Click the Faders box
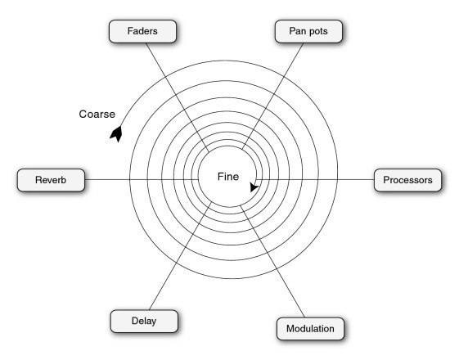[142, 31]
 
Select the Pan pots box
[308, 31]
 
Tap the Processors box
[407, 180]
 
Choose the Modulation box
[310, 329]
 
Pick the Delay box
[144, 322]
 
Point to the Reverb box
[51, 180]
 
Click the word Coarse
[97, 114]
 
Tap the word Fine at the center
[228, 177]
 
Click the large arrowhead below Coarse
[116, 133]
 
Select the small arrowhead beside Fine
[254, 187]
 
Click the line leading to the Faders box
[178, 97]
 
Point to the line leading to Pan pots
[272, 96]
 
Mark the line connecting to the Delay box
[181, 255]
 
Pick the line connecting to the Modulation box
[272, 261]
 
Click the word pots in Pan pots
[317, 31]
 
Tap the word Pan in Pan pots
[296, 31]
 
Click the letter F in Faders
[130, 31]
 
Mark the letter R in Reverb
[38, 180]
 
